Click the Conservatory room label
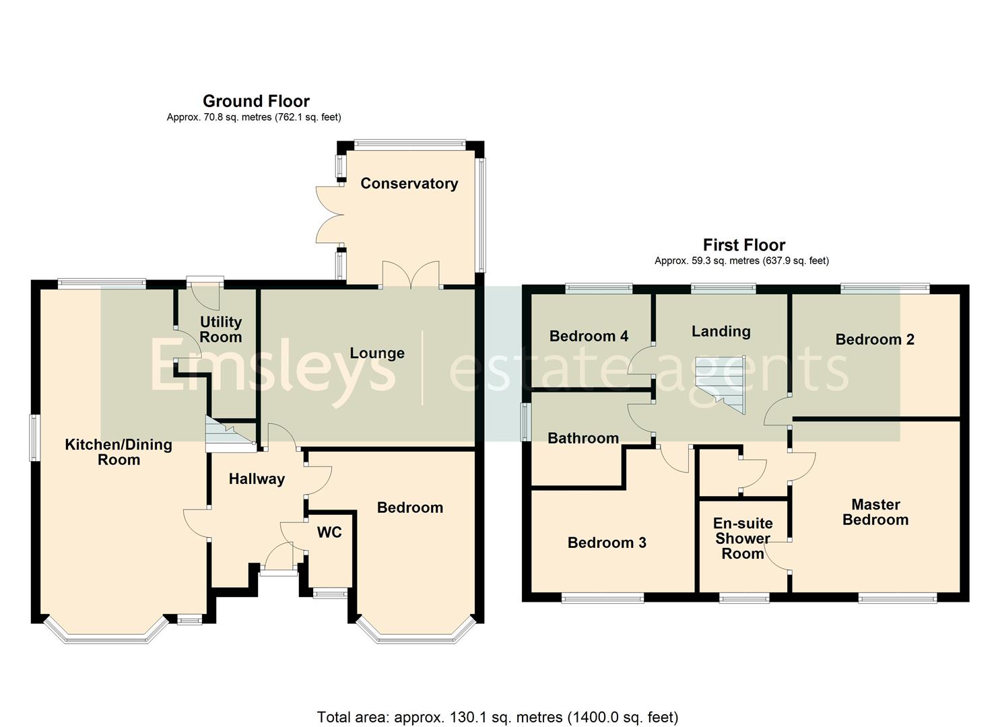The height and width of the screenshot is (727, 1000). [409, 184]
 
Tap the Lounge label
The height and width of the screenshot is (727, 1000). [377, 353]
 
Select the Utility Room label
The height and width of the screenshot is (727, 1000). [221, 329]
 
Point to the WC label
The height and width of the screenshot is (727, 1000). [329, 532]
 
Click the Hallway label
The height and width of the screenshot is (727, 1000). [257, 479]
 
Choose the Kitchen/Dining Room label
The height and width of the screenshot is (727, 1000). [119, 452]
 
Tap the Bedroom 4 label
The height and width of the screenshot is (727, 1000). [589, 336]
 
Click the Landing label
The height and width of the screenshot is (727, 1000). [721, 331]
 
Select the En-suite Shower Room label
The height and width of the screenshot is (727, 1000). [742, 539]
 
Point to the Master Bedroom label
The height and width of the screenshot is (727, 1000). [875, 512]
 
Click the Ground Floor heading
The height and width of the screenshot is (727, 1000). [257, 101]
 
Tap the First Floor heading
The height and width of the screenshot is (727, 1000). [744, 245]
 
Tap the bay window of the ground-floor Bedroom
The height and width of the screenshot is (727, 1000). [416, 629]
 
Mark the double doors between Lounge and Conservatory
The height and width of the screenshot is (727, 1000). [411, 276]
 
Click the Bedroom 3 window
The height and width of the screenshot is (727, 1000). [602, 598]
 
